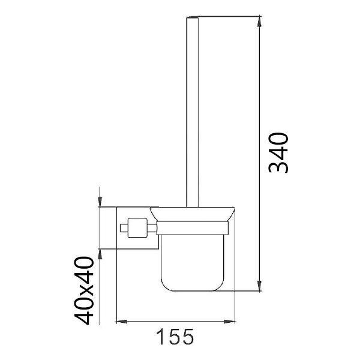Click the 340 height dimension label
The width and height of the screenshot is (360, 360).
coord(278,153)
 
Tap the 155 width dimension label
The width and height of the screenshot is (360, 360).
coord(175,337)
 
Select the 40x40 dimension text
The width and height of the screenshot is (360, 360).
coord(84,290)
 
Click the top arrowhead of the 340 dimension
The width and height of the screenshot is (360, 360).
coord(259,22)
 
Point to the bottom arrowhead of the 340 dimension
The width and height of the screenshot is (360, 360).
coord(259,286)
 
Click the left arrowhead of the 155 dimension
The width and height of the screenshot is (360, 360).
coord(122,322)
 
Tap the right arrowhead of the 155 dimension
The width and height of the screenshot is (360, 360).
coord(230,322)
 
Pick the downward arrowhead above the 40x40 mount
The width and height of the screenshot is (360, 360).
coord(100,202)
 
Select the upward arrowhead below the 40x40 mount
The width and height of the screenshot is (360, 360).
coord(100,254)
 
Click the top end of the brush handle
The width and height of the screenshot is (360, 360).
coord(192,17)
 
